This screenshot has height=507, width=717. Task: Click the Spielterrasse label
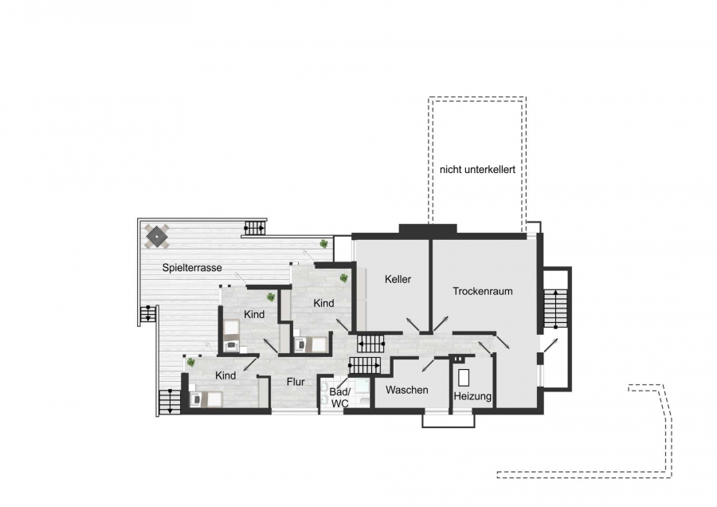tap(192, 268)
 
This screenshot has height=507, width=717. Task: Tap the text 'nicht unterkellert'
tap(477, 169)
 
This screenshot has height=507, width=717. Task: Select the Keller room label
tap(398, 279)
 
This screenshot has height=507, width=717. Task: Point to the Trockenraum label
tap(483, 291)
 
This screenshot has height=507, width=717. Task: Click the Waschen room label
tap(407, 390)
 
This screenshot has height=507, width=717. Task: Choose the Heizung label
tap(472, 396)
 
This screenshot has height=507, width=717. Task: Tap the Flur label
tap(296, 382)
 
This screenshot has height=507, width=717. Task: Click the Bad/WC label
tap(339, 398)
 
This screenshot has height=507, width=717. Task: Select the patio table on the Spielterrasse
tap(157, 236)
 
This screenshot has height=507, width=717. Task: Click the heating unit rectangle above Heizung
tap(464, 378)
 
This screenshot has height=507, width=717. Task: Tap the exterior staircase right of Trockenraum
tap(555, 309)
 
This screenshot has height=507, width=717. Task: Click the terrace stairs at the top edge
tap(255, 228)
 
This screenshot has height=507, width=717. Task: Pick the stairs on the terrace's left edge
tap(147, 314)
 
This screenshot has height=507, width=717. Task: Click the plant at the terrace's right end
tap(323, 243)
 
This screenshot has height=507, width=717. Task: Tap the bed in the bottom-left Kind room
tap(206, 399)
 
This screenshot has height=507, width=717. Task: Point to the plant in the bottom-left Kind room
tap(190, 363)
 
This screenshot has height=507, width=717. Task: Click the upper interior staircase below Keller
tap(370, 344)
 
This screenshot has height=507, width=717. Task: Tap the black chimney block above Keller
tap(428, 229)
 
